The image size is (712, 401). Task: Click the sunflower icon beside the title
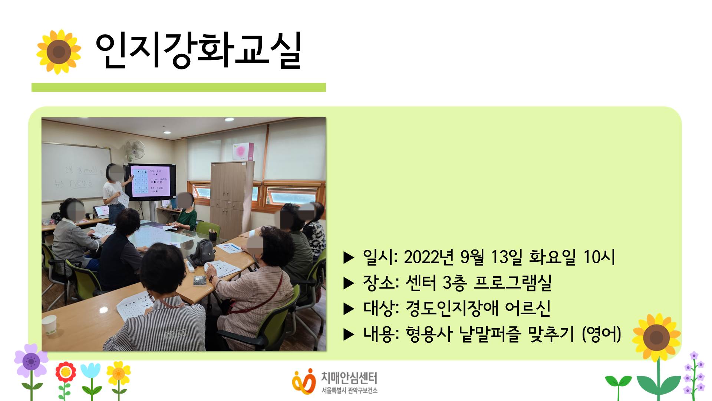59,52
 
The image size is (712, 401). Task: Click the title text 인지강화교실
198,51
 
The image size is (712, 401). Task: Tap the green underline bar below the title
178,87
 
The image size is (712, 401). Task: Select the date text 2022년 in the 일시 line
429,257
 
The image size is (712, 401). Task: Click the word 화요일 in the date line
552,257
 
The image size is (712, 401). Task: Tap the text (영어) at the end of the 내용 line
601,334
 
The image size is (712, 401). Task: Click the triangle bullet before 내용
349,335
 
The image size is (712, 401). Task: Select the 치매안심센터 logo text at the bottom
349,378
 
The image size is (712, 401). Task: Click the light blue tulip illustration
90,372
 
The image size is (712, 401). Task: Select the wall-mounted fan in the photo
135,150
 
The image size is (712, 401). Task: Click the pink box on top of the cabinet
243,151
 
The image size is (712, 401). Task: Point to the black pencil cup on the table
213,235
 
